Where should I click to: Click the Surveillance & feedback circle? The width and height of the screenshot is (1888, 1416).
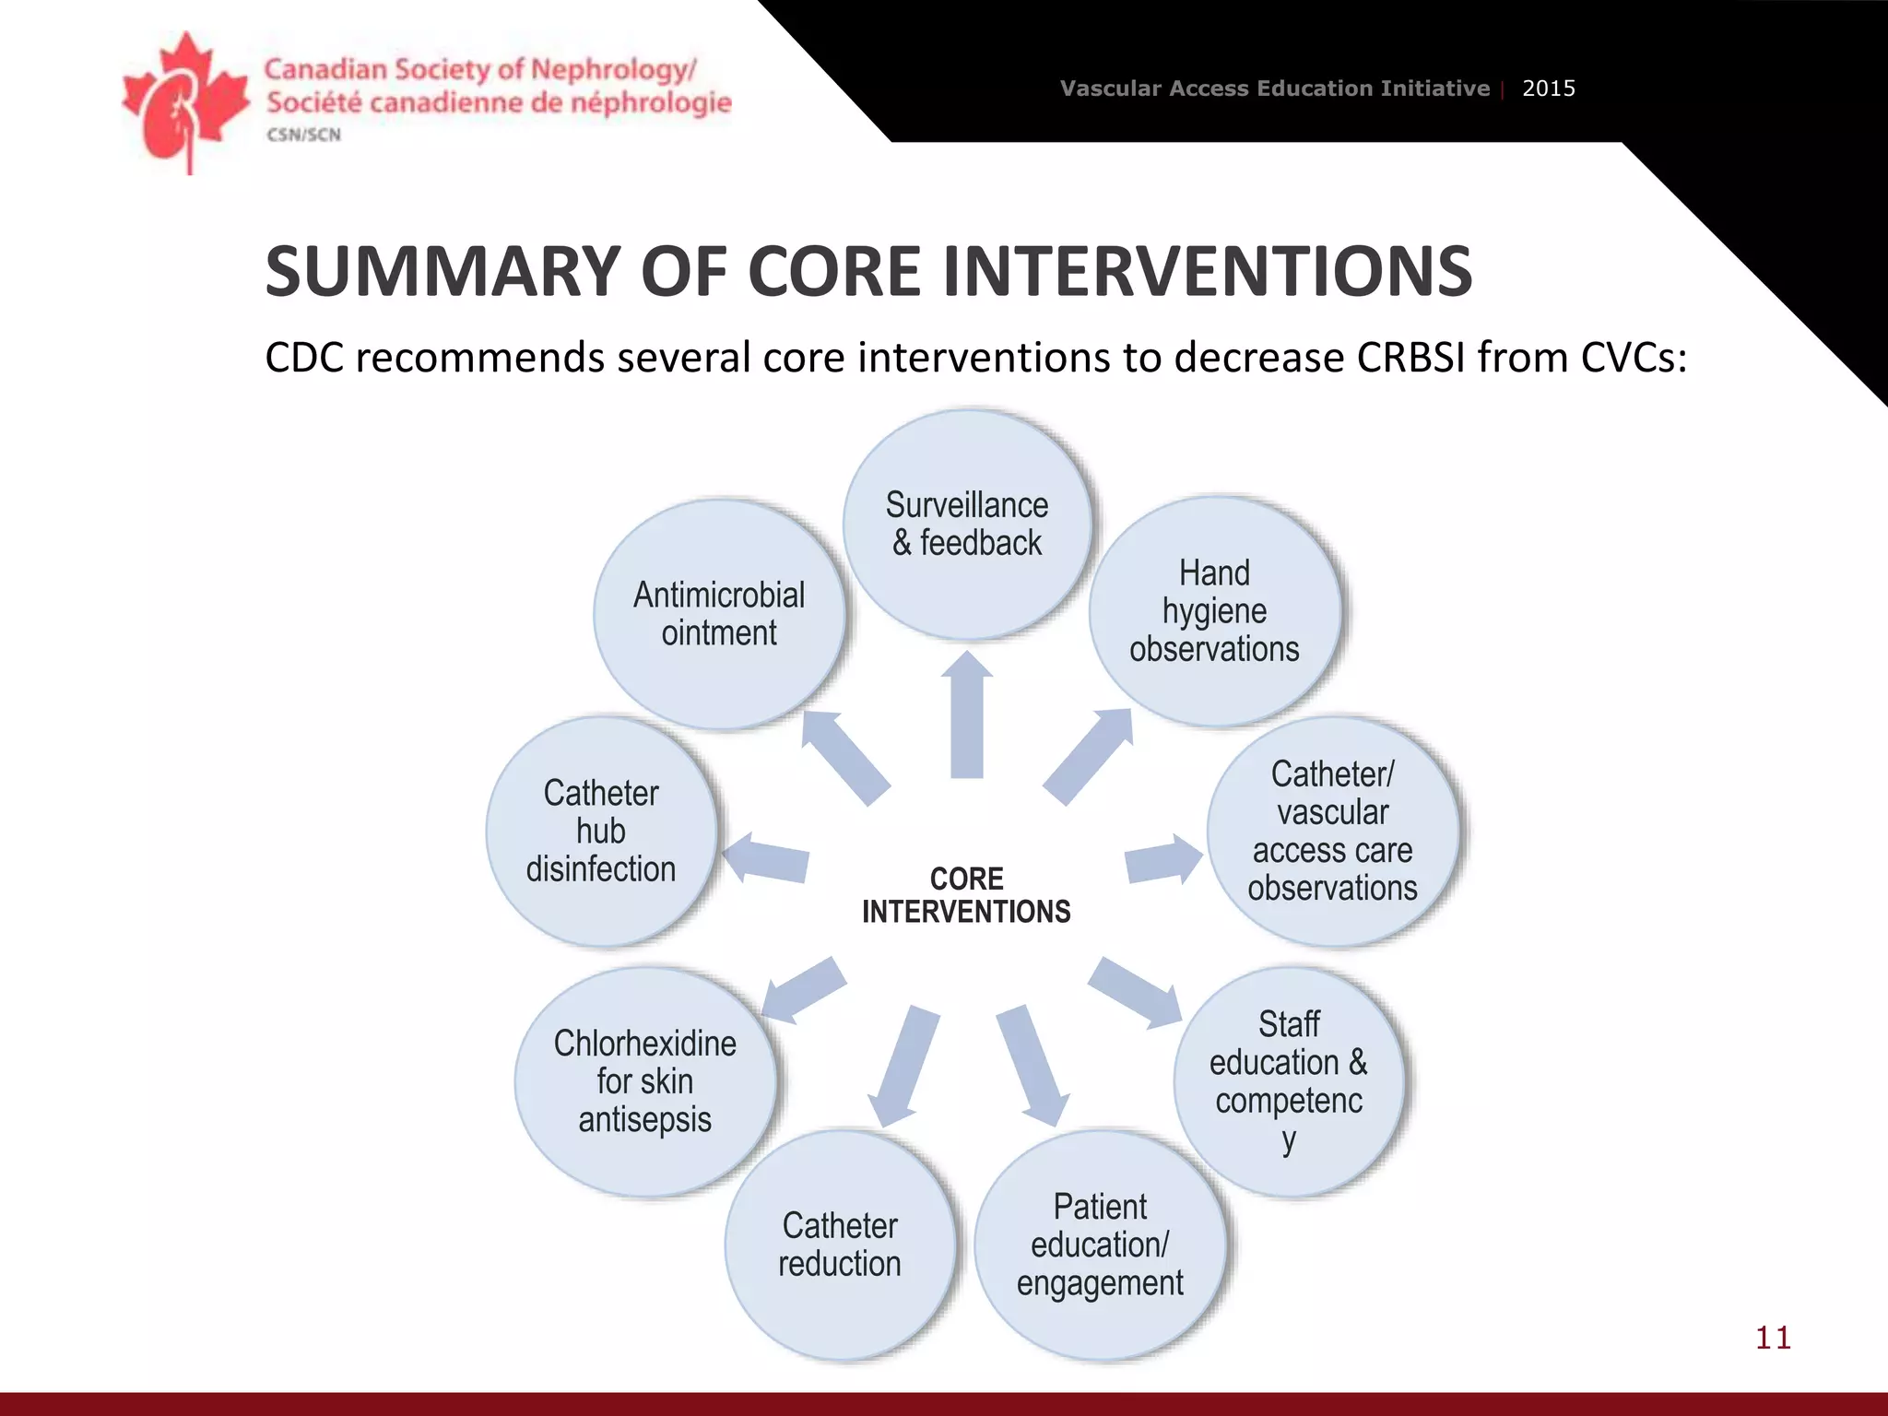click(967, 525)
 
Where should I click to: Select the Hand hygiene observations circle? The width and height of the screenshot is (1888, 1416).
click(1214, 611)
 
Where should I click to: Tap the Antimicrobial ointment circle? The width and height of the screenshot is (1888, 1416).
click(719, 615)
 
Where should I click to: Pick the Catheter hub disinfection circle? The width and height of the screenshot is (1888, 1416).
click(601, 832)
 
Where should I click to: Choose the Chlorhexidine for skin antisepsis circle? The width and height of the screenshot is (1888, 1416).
click(645, 1081)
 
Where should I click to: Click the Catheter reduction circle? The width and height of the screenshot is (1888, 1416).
click(840, 1245)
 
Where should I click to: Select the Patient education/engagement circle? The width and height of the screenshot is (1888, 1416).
click(1100, 1245)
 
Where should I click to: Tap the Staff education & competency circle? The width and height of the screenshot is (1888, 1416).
click(1289, 1081)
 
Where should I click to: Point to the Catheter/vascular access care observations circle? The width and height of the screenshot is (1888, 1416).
click(1333, 832)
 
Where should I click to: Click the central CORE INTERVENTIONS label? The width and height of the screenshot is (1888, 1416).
click(966, 895)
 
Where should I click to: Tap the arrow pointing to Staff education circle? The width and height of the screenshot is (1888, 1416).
click(1136, 992)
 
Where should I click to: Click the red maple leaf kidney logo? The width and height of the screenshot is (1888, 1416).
click(184, 101)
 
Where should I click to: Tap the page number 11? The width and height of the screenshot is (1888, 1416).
click(1773, 1338)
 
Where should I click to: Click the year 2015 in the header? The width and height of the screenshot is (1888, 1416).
click(1549, 88)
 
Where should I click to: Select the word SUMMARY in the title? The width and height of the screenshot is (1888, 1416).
click(442, 272)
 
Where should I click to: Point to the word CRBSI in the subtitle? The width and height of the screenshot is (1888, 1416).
click(1410, 358)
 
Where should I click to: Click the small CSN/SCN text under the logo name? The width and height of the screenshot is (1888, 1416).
click(303, 135)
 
